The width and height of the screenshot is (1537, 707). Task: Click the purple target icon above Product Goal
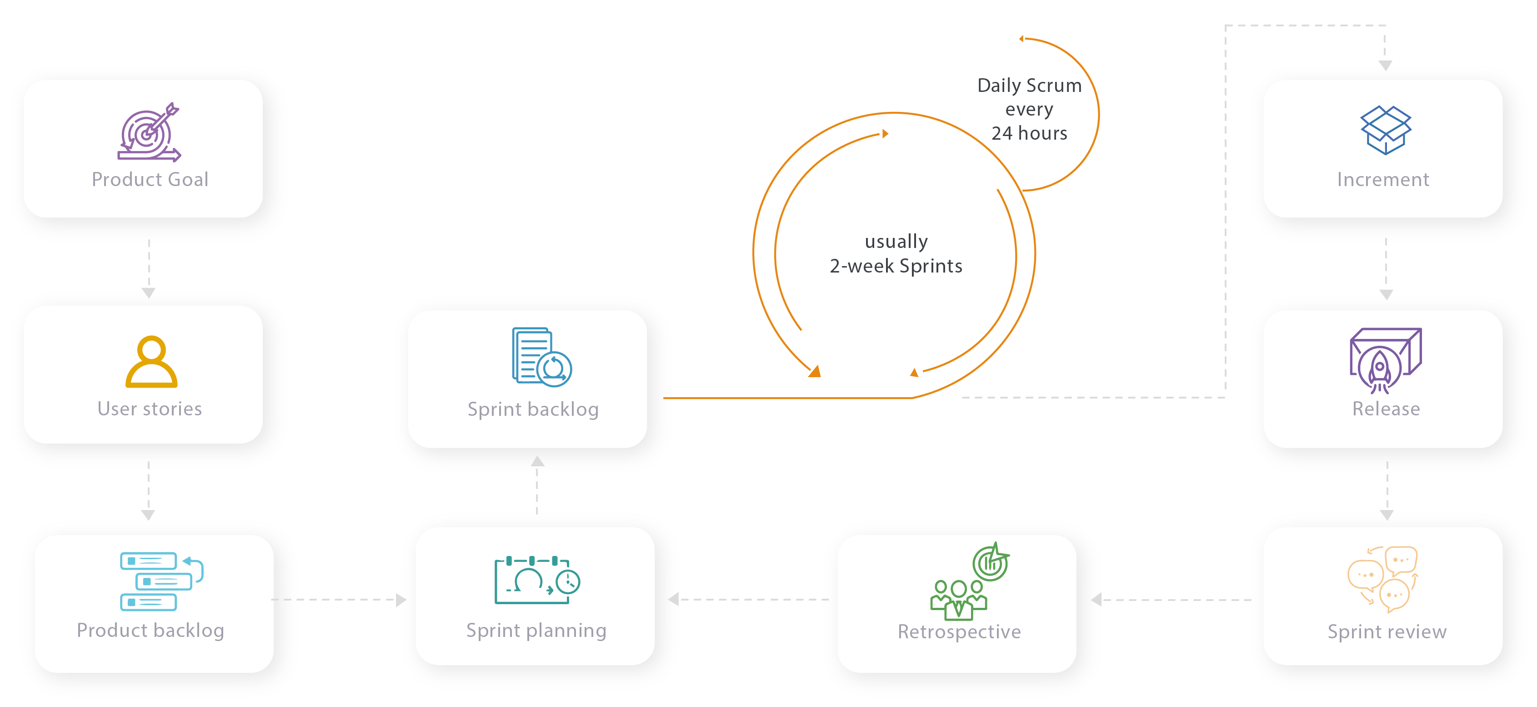149,132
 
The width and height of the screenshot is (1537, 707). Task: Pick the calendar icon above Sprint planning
537,581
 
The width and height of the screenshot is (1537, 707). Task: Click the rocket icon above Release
1386,360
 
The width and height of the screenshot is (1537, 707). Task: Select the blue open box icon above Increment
1386,130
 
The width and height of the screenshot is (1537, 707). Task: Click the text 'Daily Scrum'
1029,86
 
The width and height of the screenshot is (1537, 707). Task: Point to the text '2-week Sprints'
896,266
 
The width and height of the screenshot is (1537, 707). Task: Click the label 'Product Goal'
150,180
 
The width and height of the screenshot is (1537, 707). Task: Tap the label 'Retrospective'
959,632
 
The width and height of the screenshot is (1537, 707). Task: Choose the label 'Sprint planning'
536,631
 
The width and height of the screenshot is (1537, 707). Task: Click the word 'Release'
1386,409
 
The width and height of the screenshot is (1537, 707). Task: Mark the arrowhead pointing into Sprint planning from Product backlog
401,600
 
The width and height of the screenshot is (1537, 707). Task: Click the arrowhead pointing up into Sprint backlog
538,461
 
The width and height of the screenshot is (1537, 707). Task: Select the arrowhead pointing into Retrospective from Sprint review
1096,600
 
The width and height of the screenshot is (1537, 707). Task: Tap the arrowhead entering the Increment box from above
1386,66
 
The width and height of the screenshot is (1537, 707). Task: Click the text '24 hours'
1029,133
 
